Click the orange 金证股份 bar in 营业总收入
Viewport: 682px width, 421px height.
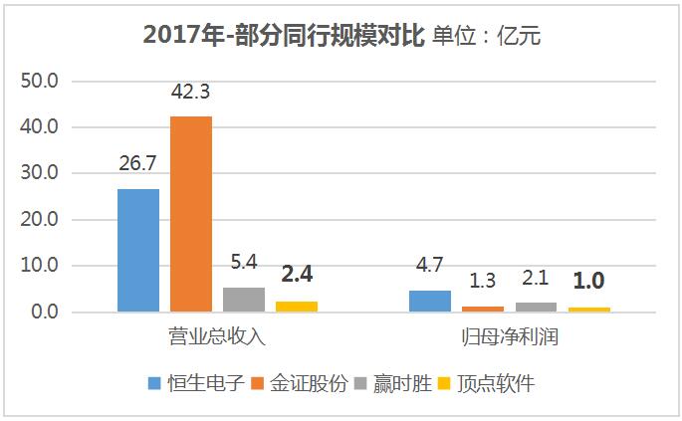[x=190, y=214]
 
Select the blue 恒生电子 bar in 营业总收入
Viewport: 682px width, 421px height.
[x=137, y=250]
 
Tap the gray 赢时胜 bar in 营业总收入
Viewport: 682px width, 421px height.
[x=244, y=300]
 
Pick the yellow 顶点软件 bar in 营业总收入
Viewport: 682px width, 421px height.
[x=297, y=307]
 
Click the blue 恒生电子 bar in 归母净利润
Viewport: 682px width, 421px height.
[x=430, y=302]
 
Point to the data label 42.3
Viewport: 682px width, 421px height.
[x=190, y=94]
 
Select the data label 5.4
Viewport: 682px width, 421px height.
[x=244, y=264]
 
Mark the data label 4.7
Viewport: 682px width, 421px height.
[x=430, y=267]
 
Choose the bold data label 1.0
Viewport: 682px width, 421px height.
[x=589, y=281]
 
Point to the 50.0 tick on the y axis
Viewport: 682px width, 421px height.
[x=41, y=80]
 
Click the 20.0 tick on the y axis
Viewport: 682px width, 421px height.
[x=41, y=220]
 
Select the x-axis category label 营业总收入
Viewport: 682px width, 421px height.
[x=217, y=336]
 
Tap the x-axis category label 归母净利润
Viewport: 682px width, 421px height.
[x=510, y=336]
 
